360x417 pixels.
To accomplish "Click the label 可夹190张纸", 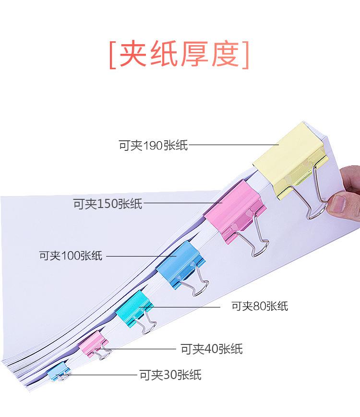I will pos(153,145).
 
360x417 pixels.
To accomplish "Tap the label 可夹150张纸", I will pos(108,204).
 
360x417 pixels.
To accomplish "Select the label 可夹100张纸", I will pos(71,255).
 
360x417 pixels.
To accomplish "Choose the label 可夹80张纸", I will pos(260,306).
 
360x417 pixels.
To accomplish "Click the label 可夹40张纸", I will pos(211,349).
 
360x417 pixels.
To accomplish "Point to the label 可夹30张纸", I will pos(170,375).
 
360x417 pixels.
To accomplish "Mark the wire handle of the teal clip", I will pos(150,323).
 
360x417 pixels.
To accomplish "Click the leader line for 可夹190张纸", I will pos(235,145).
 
